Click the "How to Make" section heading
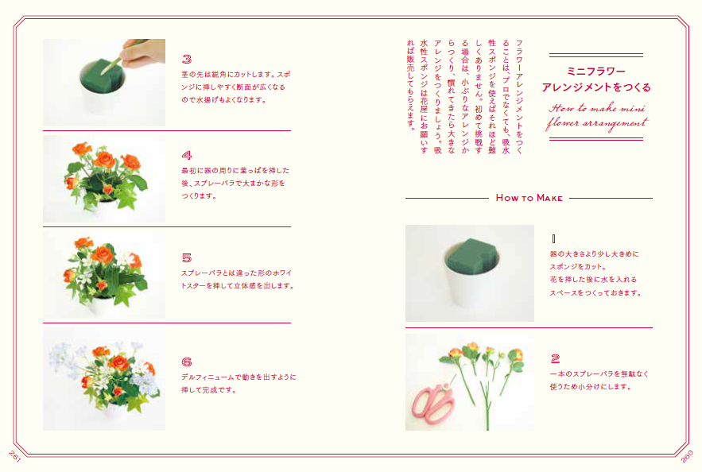tap(529, 198)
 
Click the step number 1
tap(553, 239)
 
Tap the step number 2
tap(555, 358)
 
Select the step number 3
tap(187, 59)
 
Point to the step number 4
tap(187, 155)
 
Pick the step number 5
tap(187, 257)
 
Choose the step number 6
tap(187, 362)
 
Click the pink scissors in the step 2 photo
tap(432, 403)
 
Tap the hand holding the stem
tap(142, 52)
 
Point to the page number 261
tap(15, 456)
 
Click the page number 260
tap(687, 456)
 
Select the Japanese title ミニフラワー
tap(596, 72)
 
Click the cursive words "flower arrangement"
tap(597, 123)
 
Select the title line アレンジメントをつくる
tap(596, 87)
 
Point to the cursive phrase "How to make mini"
tap(597, 108)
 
